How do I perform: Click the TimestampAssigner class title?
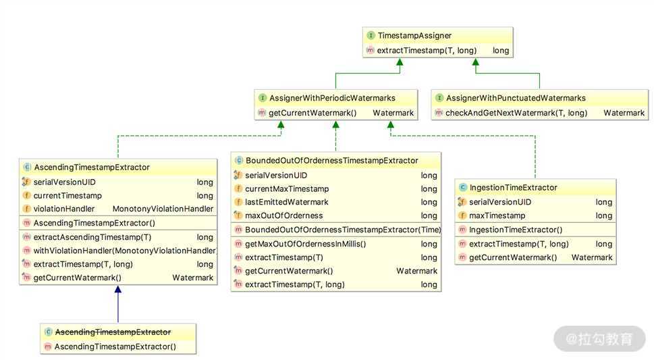(414, 35)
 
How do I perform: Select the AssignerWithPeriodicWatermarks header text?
(332, 98)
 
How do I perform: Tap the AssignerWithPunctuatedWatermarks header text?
(516, 98)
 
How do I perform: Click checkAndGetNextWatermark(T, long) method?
(516, 113)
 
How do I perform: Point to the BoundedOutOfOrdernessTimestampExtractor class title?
(331, 160)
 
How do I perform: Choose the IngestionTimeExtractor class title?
(513, 187)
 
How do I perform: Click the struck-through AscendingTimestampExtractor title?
(113, 332)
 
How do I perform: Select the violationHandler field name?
(64, 209)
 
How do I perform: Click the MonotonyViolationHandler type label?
(163, 209)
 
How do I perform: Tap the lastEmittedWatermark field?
(286, 202)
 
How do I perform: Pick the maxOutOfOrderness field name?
(283, 215)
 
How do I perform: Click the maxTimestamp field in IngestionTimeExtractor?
(497, 215)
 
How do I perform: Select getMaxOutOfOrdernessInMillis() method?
(305, 244)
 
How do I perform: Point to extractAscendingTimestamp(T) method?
(92, 237)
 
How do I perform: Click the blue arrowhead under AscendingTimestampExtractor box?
(118, 290)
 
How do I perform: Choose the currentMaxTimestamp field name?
(287, 188)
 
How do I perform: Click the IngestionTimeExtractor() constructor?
(516, 230)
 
